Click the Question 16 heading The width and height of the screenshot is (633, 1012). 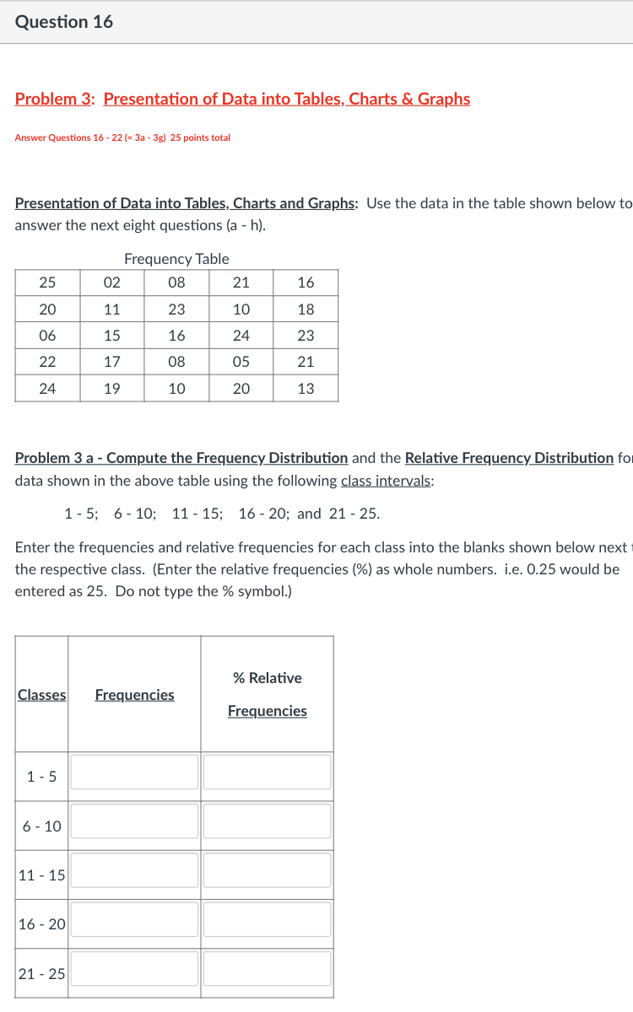64,22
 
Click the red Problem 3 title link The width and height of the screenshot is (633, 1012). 242,99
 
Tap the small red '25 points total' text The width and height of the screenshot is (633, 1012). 200,137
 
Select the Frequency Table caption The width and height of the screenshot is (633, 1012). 176,259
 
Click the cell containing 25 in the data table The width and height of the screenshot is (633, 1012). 47,283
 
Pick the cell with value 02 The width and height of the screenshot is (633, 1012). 111,283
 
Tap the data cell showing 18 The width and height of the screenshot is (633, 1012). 306,309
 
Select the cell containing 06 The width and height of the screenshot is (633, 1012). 47,336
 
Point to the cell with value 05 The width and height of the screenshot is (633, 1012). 241,362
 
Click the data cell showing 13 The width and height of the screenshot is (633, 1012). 306,389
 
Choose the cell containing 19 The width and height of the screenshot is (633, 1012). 111,389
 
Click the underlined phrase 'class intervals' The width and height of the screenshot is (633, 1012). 387,481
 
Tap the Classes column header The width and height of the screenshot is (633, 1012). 41,695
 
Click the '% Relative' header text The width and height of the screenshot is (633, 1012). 267,678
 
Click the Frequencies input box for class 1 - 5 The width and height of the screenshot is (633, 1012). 134,772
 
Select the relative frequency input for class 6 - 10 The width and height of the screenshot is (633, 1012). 267,821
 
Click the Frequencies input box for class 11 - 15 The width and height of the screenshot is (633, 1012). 134,870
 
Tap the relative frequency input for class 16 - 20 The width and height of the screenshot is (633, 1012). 267,919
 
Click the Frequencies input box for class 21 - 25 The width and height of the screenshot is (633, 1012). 134,969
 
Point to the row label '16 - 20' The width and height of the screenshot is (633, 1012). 41,924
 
